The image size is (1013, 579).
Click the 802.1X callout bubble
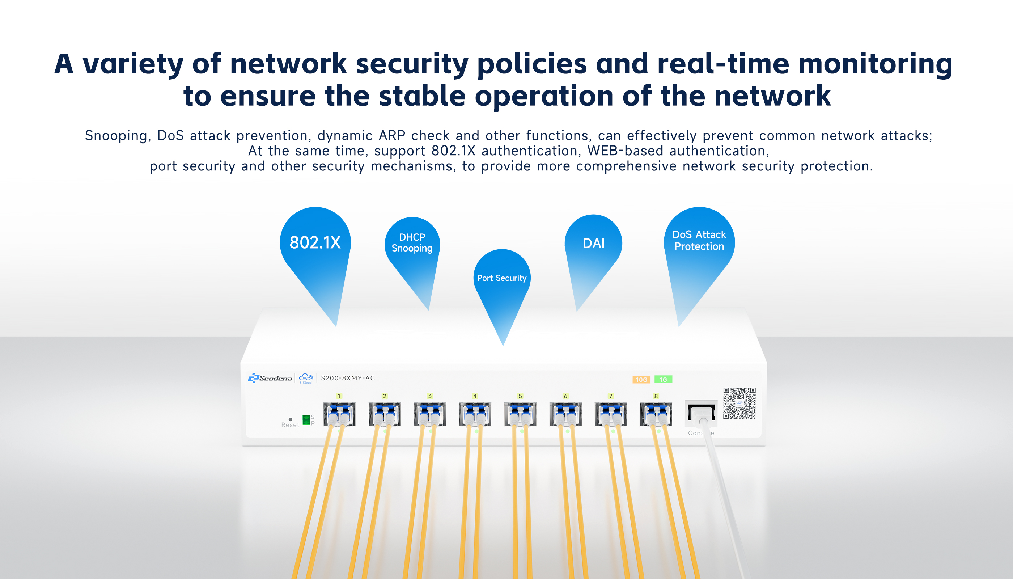(x=315, y=246)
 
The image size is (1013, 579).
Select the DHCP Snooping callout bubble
(x=412, y=246)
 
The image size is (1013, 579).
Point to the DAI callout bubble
(x=593, y=246)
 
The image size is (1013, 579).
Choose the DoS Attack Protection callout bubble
(x=699, y=246)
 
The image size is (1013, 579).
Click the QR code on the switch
(x=739, y=403)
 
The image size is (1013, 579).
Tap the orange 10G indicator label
(x=641, y=379)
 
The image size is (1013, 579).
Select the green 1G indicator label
(x=663, y=379)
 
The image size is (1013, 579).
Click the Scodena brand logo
(x=270, y=378)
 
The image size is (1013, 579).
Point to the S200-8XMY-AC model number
(x=348, y=378)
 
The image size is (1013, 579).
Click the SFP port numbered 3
(x=430, y=414)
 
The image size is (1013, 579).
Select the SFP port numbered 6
(x=566, y=414)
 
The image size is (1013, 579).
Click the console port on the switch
(x=701, y=413)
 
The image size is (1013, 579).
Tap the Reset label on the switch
(x=290, y=425)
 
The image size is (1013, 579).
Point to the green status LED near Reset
(x=306, y=420)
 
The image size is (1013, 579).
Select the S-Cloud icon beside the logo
(x=306, y=378)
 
